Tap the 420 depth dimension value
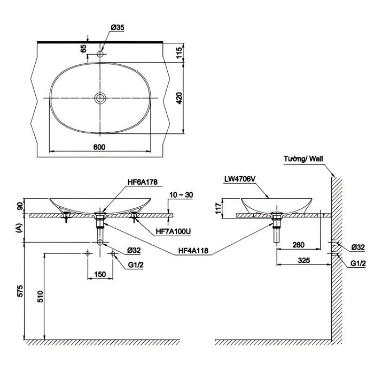(x=180, y=97)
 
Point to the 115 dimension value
(x=180, y=52)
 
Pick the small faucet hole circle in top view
(x=100, y=54)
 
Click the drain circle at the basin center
(x=100, y=98)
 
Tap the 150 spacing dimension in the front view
(x=99, y=274)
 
